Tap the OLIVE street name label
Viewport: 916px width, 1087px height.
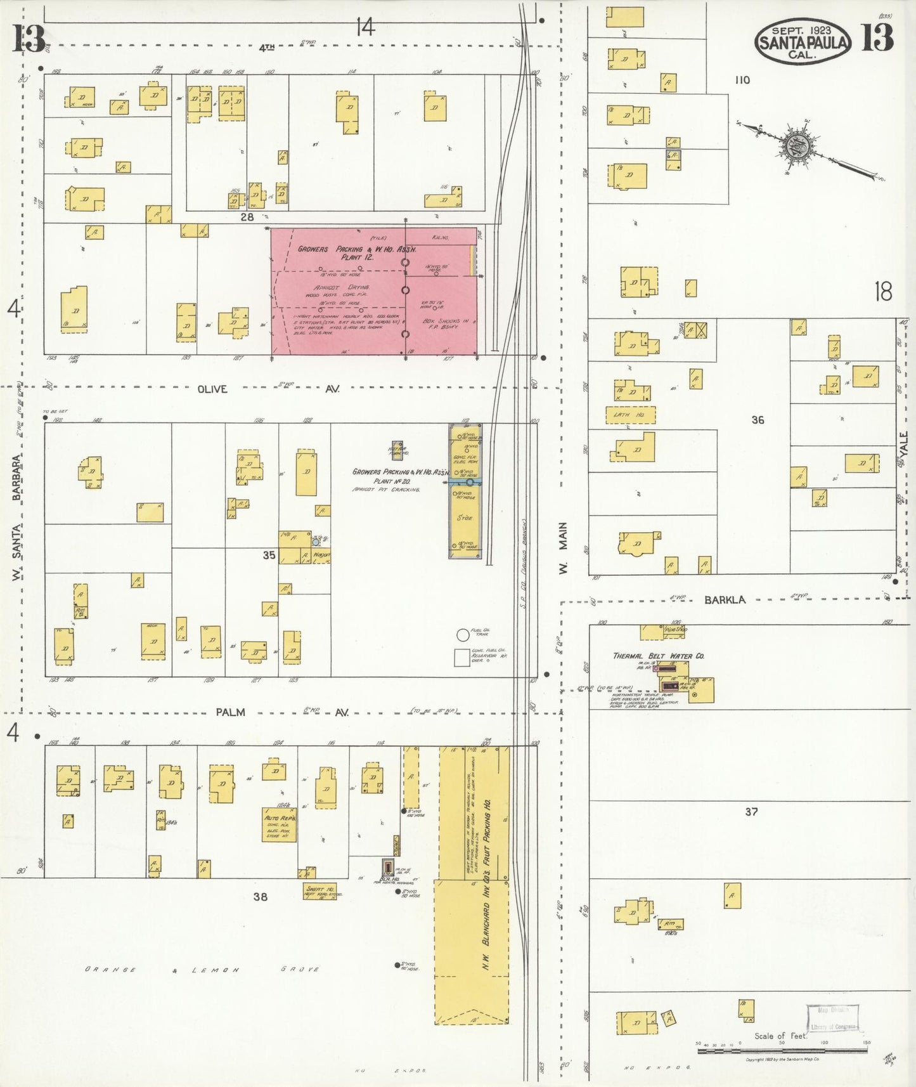point(212,389)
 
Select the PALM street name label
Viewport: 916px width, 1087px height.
point(230,712)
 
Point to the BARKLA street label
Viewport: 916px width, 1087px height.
point(725,599)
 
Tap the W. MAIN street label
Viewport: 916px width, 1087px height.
point(563,549)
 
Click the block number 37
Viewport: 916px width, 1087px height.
point(751,811)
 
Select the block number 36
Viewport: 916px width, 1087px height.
point(758,420)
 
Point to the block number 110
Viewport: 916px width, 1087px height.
point(742,80)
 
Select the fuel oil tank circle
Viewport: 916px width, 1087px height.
point(463,634)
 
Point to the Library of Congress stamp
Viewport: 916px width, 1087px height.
point(832,1019)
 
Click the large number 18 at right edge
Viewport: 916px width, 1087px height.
point(883,292)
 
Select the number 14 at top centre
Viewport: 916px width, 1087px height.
point(365,27)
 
